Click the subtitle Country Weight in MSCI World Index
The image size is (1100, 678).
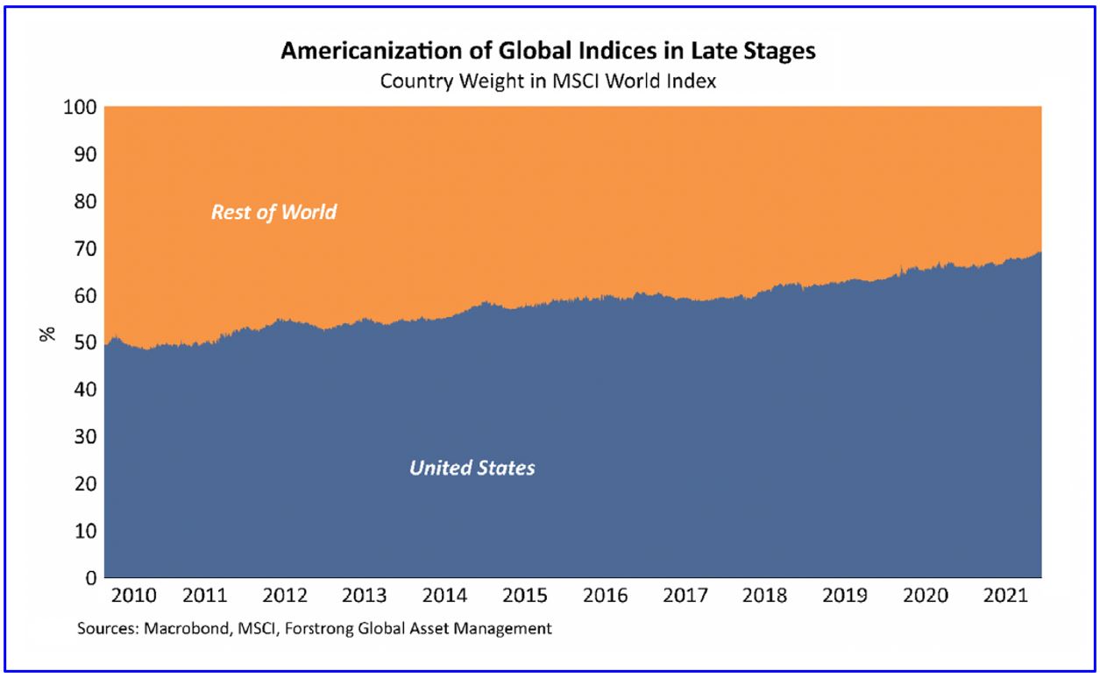pyautogui.click(x=548, y=81)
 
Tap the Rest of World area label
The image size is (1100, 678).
pyautogui.click(x=273, y=212)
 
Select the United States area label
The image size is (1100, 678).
pyautogui.click(x=472, y=468)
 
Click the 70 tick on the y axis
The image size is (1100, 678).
pyautogui.click(x=84, y=250)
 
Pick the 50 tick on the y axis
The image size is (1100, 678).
pyautogui.click(x=84, y=343)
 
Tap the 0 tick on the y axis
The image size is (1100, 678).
pyautogui.click(x=89, y=578)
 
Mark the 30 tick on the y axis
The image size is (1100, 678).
pyautogui.click(x=84, y=437)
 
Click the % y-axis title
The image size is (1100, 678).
pyautogui.click(x=48, y=333)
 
